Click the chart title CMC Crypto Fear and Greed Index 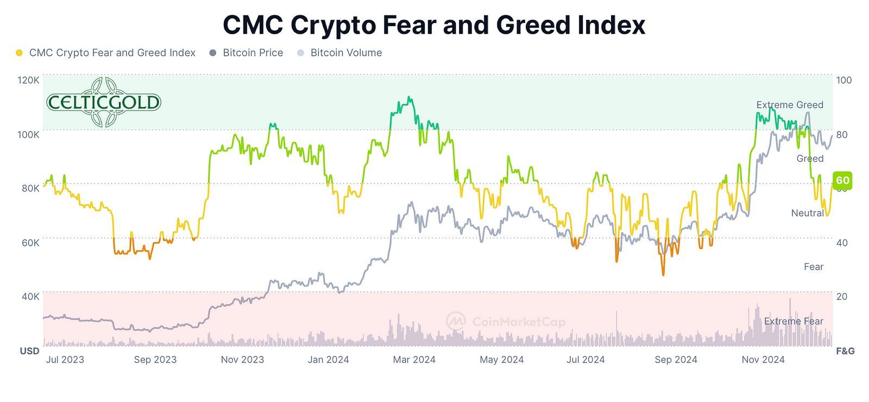click(434, 25)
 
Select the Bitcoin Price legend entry click(253, 53)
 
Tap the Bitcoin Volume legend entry click(346, 53)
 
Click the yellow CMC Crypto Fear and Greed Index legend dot click(20, 53)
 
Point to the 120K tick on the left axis click(29, 80)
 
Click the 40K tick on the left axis click(30, 297)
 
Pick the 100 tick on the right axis click(843, 80)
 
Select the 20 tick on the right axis click(841, 297)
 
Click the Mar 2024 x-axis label click(414, 360)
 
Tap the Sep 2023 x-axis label click(155, 360)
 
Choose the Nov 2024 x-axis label click(763, 360)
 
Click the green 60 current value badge click(842, 181)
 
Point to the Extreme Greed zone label click(790, 105)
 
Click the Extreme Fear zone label click(794, 321)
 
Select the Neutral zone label click(807, 213)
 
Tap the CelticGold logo click(104, 102)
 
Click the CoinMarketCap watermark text click(518, 322)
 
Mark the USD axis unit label click(29, 351)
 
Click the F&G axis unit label click(845, 351)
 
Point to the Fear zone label click(813, 267)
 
